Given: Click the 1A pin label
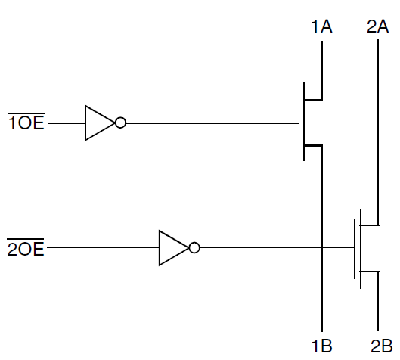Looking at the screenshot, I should click(322, 27).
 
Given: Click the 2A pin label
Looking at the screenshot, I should click(377, 27).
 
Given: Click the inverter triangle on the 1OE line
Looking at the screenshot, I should click(98, 123).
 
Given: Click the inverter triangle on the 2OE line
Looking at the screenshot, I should click(171, 247).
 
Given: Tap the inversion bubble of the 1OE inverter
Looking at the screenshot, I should click(120, 123).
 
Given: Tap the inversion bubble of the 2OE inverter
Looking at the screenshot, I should click(194, 247).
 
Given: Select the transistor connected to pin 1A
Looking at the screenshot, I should click(311, 123).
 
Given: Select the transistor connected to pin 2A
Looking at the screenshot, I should click(364, 247).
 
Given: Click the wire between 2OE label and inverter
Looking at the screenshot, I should click(102, 247).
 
